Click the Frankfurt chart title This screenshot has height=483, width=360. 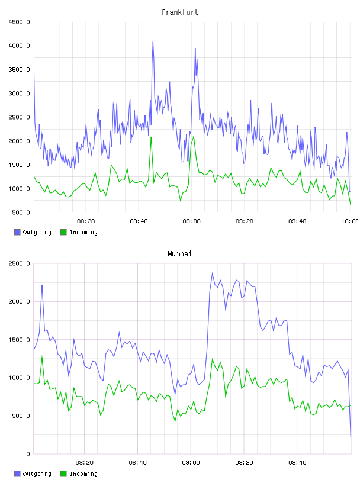coord(180,12)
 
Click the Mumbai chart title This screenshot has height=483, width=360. coord(179,254)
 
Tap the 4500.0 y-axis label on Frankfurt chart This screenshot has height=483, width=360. coord(19,22)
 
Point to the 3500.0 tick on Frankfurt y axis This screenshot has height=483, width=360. coord(19,70)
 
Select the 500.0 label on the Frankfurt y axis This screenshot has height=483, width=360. coord(21,212)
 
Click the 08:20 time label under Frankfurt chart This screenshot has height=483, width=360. coord(86,221)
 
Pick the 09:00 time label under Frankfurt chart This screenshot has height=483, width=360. coord(191,221)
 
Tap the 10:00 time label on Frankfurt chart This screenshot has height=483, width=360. coord(349,221)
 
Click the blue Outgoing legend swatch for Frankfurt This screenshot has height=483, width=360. coord(17,232)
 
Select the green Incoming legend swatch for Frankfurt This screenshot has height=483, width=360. coord(63,232)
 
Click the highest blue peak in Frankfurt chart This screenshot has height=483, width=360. coord(153,42)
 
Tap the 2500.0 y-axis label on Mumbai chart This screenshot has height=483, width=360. coord(19,263)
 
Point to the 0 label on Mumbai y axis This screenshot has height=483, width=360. coord(28,454)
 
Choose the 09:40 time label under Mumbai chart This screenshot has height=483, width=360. coord(297,463)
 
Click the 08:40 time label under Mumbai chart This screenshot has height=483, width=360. coord(138,463)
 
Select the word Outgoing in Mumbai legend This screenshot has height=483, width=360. coord(37,474)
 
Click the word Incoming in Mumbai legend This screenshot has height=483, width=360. coord(83,474)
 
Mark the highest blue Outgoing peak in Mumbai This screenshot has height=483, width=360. coord(212,273)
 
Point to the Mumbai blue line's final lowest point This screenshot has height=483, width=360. coord(351,437)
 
